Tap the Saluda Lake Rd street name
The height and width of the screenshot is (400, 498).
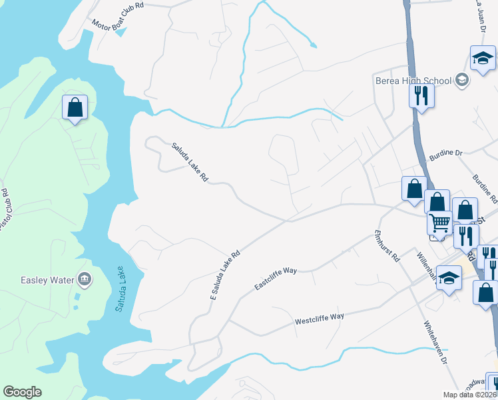(x=190, y=162)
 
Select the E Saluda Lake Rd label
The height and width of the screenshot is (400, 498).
(x=224, y=275)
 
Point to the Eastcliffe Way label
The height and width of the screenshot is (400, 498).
(x=276, y=278)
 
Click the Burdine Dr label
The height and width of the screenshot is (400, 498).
(x=446, y=153)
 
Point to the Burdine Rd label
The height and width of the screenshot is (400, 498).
(x=484, y=189)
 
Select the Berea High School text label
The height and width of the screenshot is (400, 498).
(x=413, y=81)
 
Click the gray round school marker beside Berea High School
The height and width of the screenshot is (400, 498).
(x=461, y=81)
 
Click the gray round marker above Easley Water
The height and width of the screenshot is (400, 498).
(x=85, y=278)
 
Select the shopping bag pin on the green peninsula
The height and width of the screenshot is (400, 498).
(x=75, y=107)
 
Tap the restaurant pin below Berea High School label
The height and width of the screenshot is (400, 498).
(x=421, y=96)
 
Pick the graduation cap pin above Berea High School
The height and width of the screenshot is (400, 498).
(x=482, y=59)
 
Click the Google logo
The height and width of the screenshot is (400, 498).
(x=22, y=392)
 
